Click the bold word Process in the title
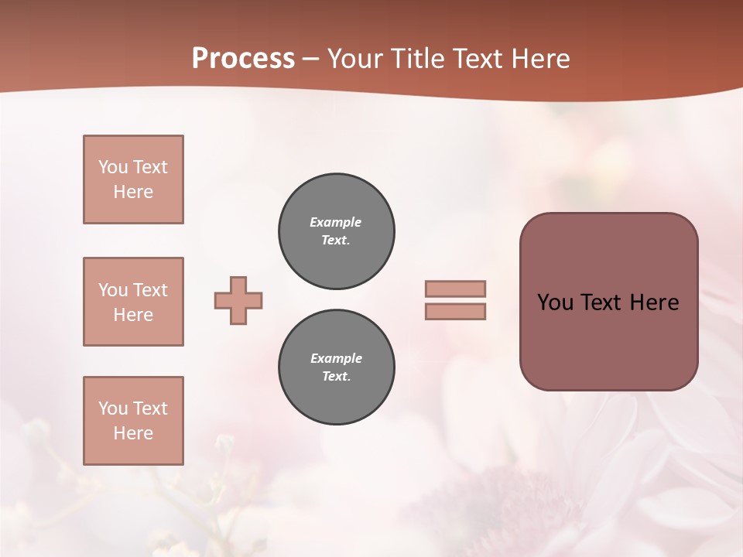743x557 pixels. tap(243, 59)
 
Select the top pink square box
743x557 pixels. tap(133, 179)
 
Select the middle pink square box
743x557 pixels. tap(133, 302)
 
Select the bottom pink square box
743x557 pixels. tap(133, 421)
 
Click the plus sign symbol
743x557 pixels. tap(238, 301)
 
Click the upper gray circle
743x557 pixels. tap(337, 231)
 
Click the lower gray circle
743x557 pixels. tap(337, 367)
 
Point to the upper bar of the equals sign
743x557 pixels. tap(455, 289)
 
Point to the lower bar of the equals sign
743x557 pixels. tap(455, 312)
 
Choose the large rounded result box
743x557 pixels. tap(608, 340)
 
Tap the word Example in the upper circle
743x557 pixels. tap(336, 222)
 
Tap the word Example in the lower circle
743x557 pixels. tap(336, 358)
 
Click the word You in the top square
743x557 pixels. tap(112, 167)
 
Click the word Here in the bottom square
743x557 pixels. tap(133, 433)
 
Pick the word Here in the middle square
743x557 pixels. tap(133, 315)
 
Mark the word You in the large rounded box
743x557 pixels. tap(554, 302)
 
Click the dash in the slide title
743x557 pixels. tap(311, 59)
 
